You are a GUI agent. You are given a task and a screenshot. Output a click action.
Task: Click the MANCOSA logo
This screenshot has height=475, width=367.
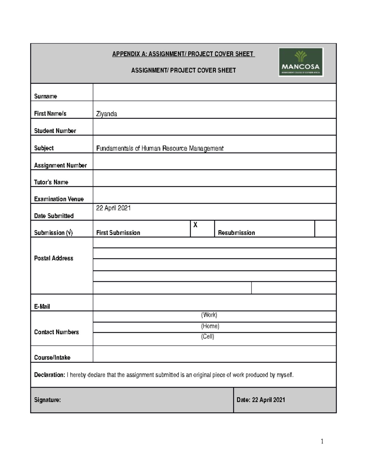pos(301,62)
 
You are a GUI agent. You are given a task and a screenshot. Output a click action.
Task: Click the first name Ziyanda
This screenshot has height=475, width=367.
pos(106,114)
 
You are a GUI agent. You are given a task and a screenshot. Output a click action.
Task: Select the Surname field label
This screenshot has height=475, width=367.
pos(46,96)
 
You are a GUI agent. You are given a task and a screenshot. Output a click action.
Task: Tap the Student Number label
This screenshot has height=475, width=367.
pos(55,131)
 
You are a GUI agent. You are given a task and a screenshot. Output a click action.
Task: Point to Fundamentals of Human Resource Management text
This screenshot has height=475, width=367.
pos(160,149)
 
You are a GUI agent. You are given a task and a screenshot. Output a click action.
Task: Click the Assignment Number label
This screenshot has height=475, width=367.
pos(60,165)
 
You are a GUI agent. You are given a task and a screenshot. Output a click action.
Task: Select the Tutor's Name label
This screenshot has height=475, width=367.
pos(51,182)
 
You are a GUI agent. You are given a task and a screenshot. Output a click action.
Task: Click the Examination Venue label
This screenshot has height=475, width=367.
pos(59,199)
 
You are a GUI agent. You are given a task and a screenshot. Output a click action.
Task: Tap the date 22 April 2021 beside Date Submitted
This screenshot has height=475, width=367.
pos(113,208)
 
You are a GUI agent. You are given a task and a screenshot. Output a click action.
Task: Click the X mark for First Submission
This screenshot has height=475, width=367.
pos(195,225)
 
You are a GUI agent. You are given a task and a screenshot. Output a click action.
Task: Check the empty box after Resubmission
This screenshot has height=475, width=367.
pos(325,229)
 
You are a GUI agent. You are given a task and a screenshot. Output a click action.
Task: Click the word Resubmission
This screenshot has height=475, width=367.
pos(236,233)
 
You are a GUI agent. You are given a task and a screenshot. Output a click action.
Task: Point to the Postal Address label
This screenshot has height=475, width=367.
pos(54,258)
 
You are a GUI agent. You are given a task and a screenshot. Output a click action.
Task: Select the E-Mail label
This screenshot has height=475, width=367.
pos(42,306)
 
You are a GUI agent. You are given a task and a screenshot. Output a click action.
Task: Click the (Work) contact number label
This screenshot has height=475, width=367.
pos(209,315)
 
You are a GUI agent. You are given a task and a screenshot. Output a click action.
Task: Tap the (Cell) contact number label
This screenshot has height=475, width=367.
pos(207,337)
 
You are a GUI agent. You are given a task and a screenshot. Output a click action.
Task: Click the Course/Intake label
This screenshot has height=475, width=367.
pos(52,358)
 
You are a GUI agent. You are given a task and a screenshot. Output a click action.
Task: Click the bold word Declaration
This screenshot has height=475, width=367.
pos(50,375)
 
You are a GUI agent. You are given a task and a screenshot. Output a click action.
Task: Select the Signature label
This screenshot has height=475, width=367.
pos(47,400)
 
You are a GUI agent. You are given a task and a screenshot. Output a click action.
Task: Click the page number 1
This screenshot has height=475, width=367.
pos(322,441)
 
